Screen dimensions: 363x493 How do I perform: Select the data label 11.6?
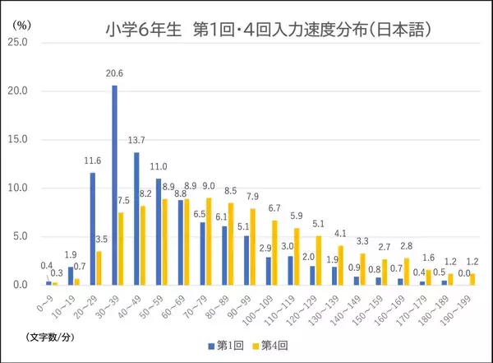pos(91,162)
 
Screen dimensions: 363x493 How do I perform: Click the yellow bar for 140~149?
pos(362,269)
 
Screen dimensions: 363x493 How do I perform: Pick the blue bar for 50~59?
pos(158,231)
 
